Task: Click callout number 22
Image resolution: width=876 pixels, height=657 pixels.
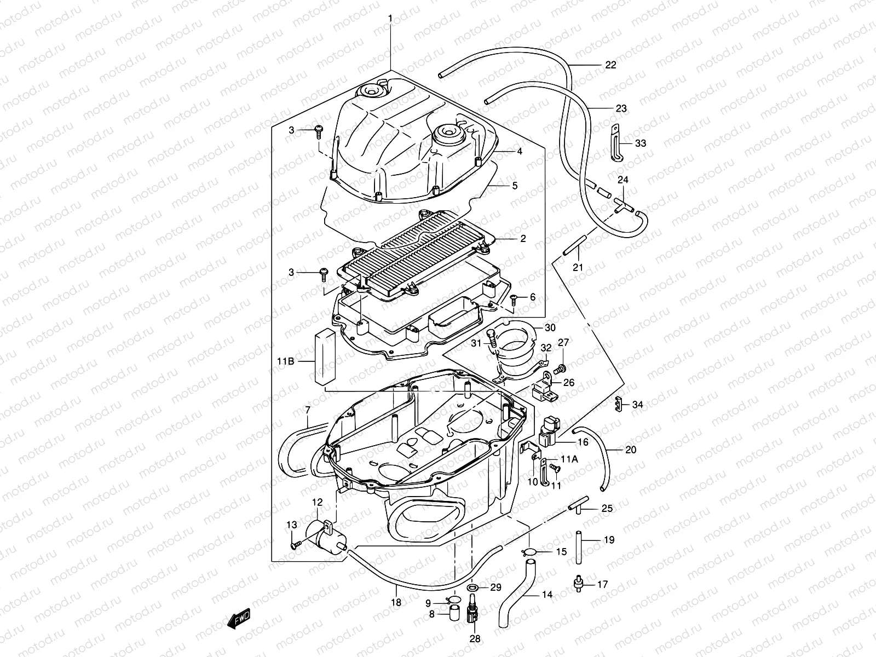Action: coord(610,65)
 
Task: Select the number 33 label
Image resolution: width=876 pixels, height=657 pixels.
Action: coord(641,143)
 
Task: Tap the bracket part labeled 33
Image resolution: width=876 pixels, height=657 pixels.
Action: coord(616,143)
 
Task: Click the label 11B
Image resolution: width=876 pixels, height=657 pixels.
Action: coord(286,361)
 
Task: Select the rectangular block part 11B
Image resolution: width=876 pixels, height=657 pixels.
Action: coord(324,356)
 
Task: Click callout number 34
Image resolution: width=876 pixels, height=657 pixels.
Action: coord(637,405)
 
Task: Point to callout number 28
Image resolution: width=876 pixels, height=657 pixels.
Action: coord(474,638)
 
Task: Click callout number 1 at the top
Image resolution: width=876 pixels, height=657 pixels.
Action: coord(390,19)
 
